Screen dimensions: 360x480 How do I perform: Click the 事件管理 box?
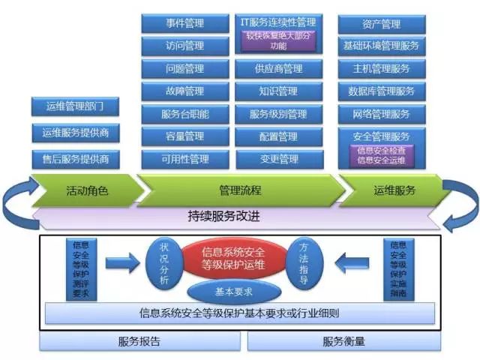[x=184, y=24]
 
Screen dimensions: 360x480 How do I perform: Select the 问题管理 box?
[x=184, y=69]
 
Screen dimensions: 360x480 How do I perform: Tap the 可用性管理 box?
[x=184, y=159]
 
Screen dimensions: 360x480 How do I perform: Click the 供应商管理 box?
[x=278, y=69]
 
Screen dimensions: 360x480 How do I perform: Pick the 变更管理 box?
[x=278, y=159]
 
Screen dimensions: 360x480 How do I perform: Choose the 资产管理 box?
[x=381, y=24]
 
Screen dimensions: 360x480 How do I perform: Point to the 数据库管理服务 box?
[x=381, y=91]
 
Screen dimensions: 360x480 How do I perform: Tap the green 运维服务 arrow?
[x=394, y=190]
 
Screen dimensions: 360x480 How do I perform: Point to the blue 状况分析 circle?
[x=165, y=262]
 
